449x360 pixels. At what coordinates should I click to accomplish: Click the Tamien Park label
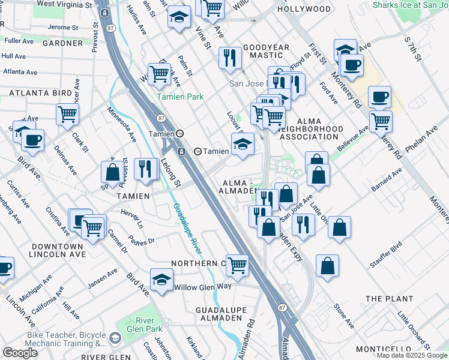point(180,97)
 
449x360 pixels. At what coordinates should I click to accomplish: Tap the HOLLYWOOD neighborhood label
point(304,9)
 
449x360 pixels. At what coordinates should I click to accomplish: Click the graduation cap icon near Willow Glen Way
point(161,280)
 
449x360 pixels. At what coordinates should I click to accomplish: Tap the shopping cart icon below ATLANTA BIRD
point(68,113)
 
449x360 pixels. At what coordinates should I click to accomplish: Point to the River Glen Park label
point(145,325)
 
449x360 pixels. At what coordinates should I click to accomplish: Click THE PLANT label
point(389,298)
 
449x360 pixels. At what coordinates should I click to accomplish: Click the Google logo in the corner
point(20,353)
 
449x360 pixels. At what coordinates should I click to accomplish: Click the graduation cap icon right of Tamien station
point(243,144)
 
